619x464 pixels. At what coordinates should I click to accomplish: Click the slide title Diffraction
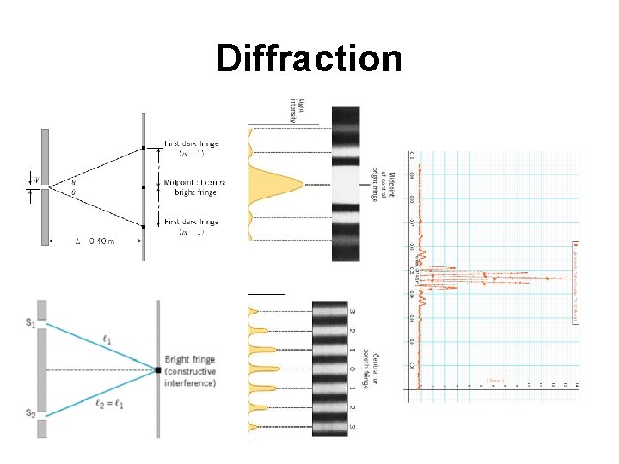(309, 58)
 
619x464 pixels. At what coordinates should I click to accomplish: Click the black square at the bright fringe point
(158, 369)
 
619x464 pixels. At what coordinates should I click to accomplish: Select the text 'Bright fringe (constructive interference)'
(192, 370)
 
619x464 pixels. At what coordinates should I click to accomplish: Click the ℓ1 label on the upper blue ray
(107, 340)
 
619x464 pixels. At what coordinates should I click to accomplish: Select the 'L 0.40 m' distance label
(95, 241)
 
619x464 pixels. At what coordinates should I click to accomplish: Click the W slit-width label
(35, 180)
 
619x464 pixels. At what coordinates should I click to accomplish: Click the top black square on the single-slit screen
(144, 149)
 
